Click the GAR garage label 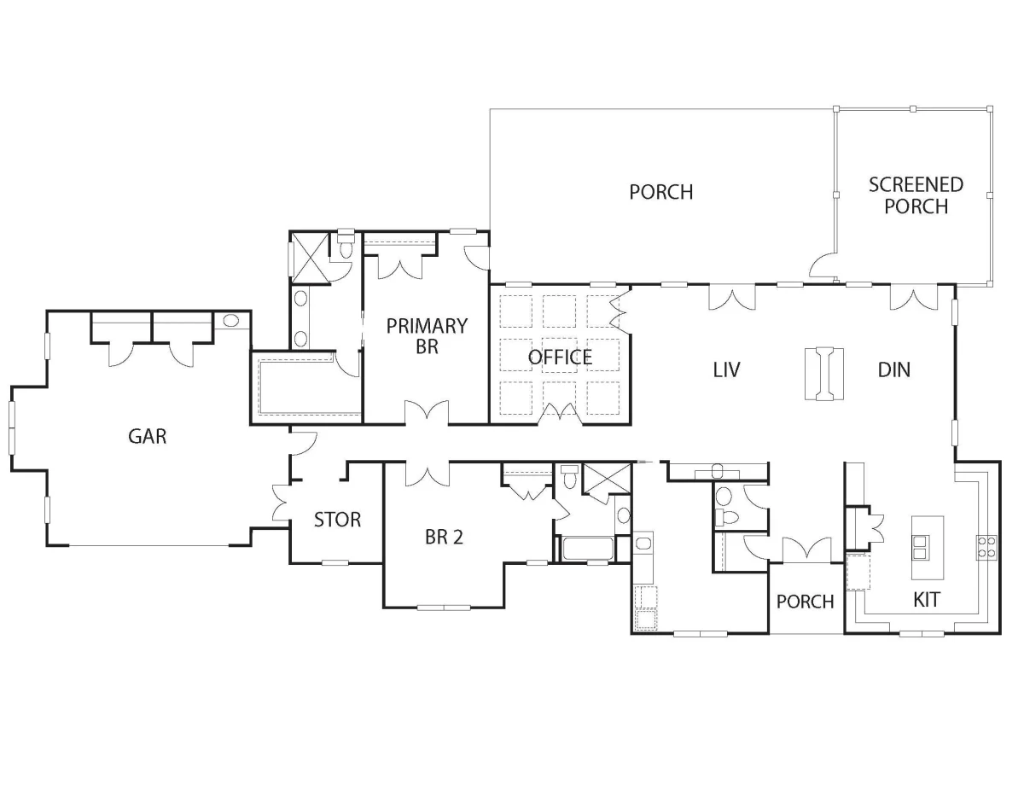pos(147,437)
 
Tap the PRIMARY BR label pos(427,336)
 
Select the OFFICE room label pos(560,358)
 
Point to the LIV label pos(726,369)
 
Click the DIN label pos(894,369)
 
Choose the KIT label pos(927,600)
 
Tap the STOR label pos(337,520)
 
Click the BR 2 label pos(444,537)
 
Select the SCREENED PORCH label pos(916,195)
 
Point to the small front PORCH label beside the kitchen pos(805,602)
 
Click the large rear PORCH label pos(661,192)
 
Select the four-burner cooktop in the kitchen pos(986,548)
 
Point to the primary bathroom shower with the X pos(309,259)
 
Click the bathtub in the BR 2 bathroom pos(586,549)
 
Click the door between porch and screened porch pos(823,265)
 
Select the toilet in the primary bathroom pos(346,246)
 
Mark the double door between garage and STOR pos(282,503)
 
